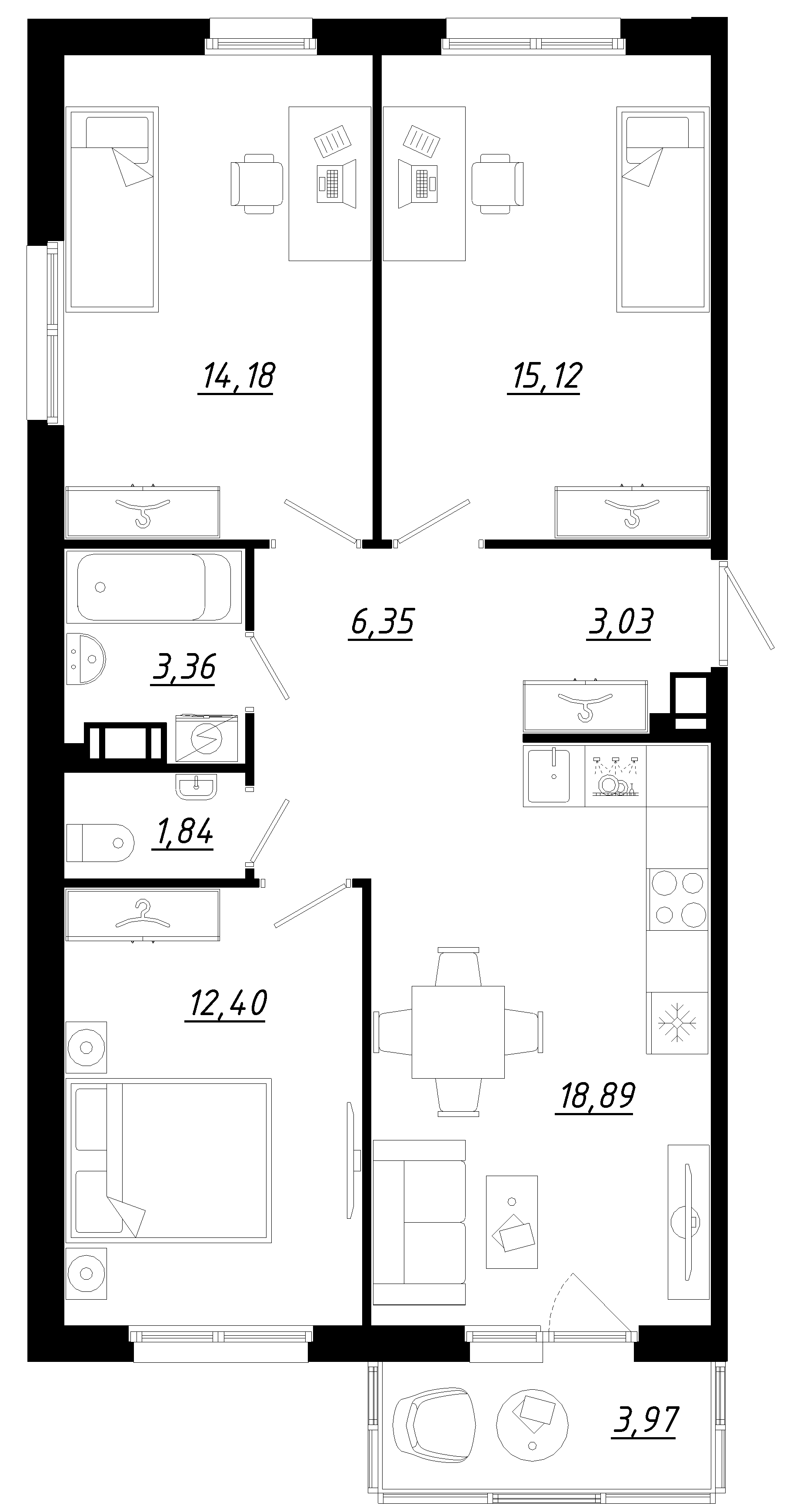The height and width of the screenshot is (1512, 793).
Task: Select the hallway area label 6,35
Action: [x=381, y=622]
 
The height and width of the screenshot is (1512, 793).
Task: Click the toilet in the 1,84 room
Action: [x=100, y=843]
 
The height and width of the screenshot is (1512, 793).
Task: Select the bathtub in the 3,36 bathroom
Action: [x=153, y=587]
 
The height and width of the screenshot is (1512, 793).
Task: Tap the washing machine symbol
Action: [x=207, y=738]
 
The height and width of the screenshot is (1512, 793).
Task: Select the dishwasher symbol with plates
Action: [x=615, y=776]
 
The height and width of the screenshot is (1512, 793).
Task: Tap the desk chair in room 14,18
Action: [x=257, y=183]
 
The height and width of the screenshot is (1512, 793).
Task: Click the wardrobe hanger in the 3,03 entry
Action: [x=585, y=705]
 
